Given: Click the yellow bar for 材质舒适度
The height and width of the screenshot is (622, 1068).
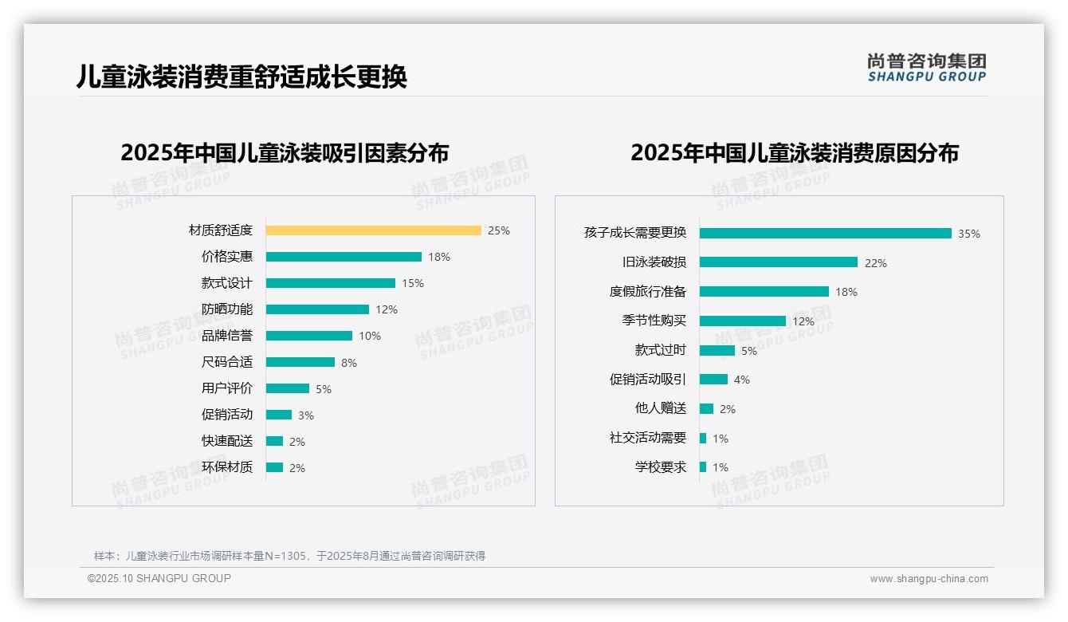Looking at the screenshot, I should (x=373, y=230).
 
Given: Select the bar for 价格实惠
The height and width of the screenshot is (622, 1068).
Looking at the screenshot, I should (x=344, y=257).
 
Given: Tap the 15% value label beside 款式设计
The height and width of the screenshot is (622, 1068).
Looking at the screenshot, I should (x=413, y=283).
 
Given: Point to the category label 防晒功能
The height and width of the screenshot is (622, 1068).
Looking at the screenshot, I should (x=226, y=309).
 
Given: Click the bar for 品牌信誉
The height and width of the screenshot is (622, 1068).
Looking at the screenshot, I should (x=309, y=336).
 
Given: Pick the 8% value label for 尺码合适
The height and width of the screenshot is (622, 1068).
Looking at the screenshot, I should (x=349, y=363).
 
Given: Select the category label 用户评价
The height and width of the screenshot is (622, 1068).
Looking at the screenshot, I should (x=226, y=388).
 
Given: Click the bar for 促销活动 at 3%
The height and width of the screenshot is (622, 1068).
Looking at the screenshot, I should (x=279, y=415).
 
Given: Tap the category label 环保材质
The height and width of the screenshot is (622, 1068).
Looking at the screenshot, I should (x=226, y=467).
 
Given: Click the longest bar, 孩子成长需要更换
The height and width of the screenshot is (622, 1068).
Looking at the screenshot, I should (x=826, y=233).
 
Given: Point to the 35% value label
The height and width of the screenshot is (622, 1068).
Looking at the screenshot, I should (x=969, y=234).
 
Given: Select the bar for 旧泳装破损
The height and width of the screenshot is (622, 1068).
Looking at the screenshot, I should (x=779, y=262).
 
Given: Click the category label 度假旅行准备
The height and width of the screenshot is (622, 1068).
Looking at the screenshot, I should (x=647, y=292).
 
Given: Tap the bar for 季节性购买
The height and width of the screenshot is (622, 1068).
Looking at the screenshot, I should (x=743, y=321).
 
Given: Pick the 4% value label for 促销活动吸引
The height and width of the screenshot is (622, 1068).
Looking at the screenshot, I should (x=742, y=380).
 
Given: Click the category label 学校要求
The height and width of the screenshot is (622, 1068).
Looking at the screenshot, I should (x=660, y=467).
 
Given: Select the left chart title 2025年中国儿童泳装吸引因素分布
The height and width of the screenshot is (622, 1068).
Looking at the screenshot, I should (x=285, y=152).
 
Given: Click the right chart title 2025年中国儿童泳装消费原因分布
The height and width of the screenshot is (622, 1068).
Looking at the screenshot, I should (x=795, y=152).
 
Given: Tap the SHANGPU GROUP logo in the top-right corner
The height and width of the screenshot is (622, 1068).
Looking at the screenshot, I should (x=927, y=68).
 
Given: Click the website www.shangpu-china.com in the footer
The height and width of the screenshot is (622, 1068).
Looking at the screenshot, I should (x=929, y=579).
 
